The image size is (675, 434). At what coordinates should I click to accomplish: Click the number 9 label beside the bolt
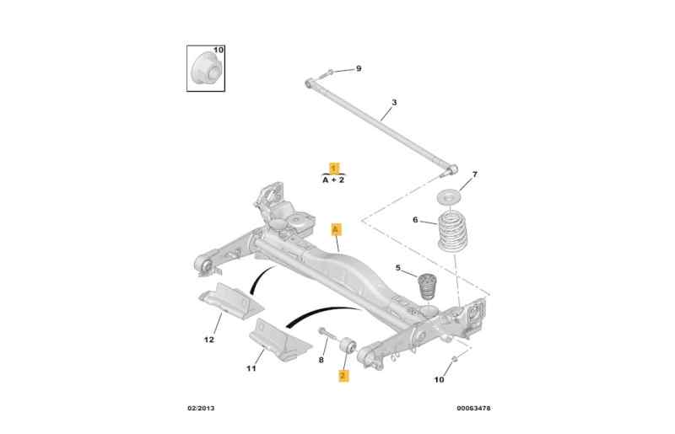(x=358, y=68)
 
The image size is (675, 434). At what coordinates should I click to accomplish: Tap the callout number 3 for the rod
(x=393, y=103)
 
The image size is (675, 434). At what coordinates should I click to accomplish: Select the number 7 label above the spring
(x=474, y=174)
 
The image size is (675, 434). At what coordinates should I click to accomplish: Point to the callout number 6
(x=415, y=220)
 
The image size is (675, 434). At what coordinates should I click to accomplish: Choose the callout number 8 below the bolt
(x=321, y=360)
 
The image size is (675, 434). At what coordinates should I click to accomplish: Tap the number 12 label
(x=208, y=340)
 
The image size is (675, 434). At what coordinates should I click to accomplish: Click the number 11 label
(x=251, y=368)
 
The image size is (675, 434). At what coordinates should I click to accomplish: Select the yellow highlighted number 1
(x=334, y=168)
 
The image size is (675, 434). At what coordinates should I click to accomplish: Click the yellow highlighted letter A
(x=335, y=228)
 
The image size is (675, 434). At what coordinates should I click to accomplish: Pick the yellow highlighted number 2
(x=343, y=376)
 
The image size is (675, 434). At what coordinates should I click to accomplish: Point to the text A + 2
(x=334, y=179)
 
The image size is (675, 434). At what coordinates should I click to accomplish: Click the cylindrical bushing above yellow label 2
(x=347, y=346)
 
